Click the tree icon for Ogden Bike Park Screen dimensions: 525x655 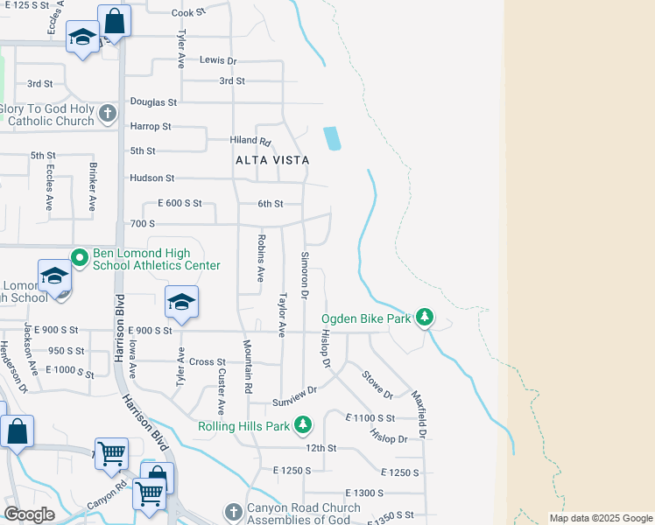[x=425, y=316]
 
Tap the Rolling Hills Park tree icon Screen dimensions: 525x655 [x=303, y=424]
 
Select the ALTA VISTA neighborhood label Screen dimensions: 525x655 [x=272, y=160]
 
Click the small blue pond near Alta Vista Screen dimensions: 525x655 [x=332, y=138]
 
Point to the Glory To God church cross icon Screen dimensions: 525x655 [x=108, y=113]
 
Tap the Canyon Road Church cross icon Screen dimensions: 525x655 [x=232, y=511]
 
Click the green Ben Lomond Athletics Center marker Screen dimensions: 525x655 [x=79, y=257]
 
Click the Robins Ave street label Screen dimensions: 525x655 [x=260, y=257]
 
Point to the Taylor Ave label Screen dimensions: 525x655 [x=282, y=315]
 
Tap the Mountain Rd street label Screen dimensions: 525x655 [x=248, y=365]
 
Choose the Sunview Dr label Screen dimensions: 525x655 [x=293, y=388]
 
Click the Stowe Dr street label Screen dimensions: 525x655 [x=378, y=383]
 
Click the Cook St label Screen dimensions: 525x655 [x=187, y=13]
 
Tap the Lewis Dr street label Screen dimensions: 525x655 [x=218, y=60]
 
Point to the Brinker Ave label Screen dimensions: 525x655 [x=91, y=185]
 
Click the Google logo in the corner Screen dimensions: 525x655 [x=29, y=514]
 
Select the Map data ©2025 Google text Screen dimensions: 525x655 [x=600, y=518]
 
